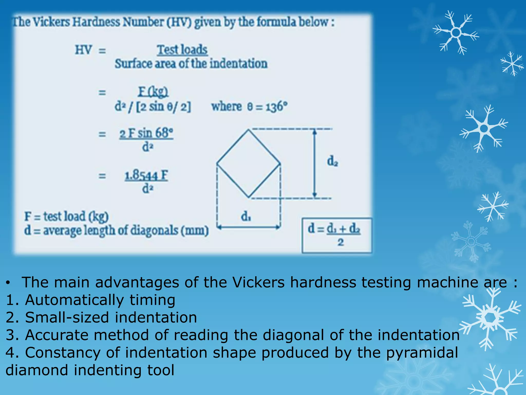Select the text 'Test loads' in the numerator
point(182,50)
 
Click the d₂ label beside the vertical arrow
point(332,161)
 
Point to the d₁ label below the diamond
point(246,216)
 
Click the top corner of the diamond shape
point(248,130)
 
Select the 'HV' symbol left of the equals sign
point(83,50)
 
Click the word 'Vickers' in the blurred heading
point(52,22)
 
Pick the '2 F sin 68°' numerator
point(146,133)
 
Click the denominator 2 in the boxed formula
point(341,242)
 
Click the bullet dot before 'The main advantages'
point(8,283)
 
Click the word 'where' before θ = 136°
point(226,106)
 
